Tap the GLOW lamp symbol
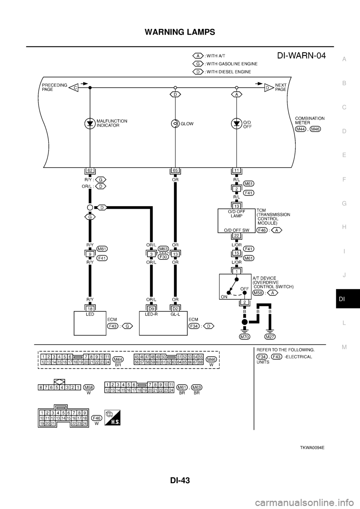click(175, 123)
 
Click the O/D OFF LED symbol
click(236, 123)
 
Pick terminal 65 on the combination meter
click(175, 170)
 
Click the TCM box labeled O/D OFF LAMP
click(236, 221)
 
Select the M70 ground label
click(244, 337)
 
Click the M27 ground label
click(269, 337)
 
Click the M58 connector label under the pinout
click(89, 388)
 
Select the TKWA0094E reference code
click(312, 448)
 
